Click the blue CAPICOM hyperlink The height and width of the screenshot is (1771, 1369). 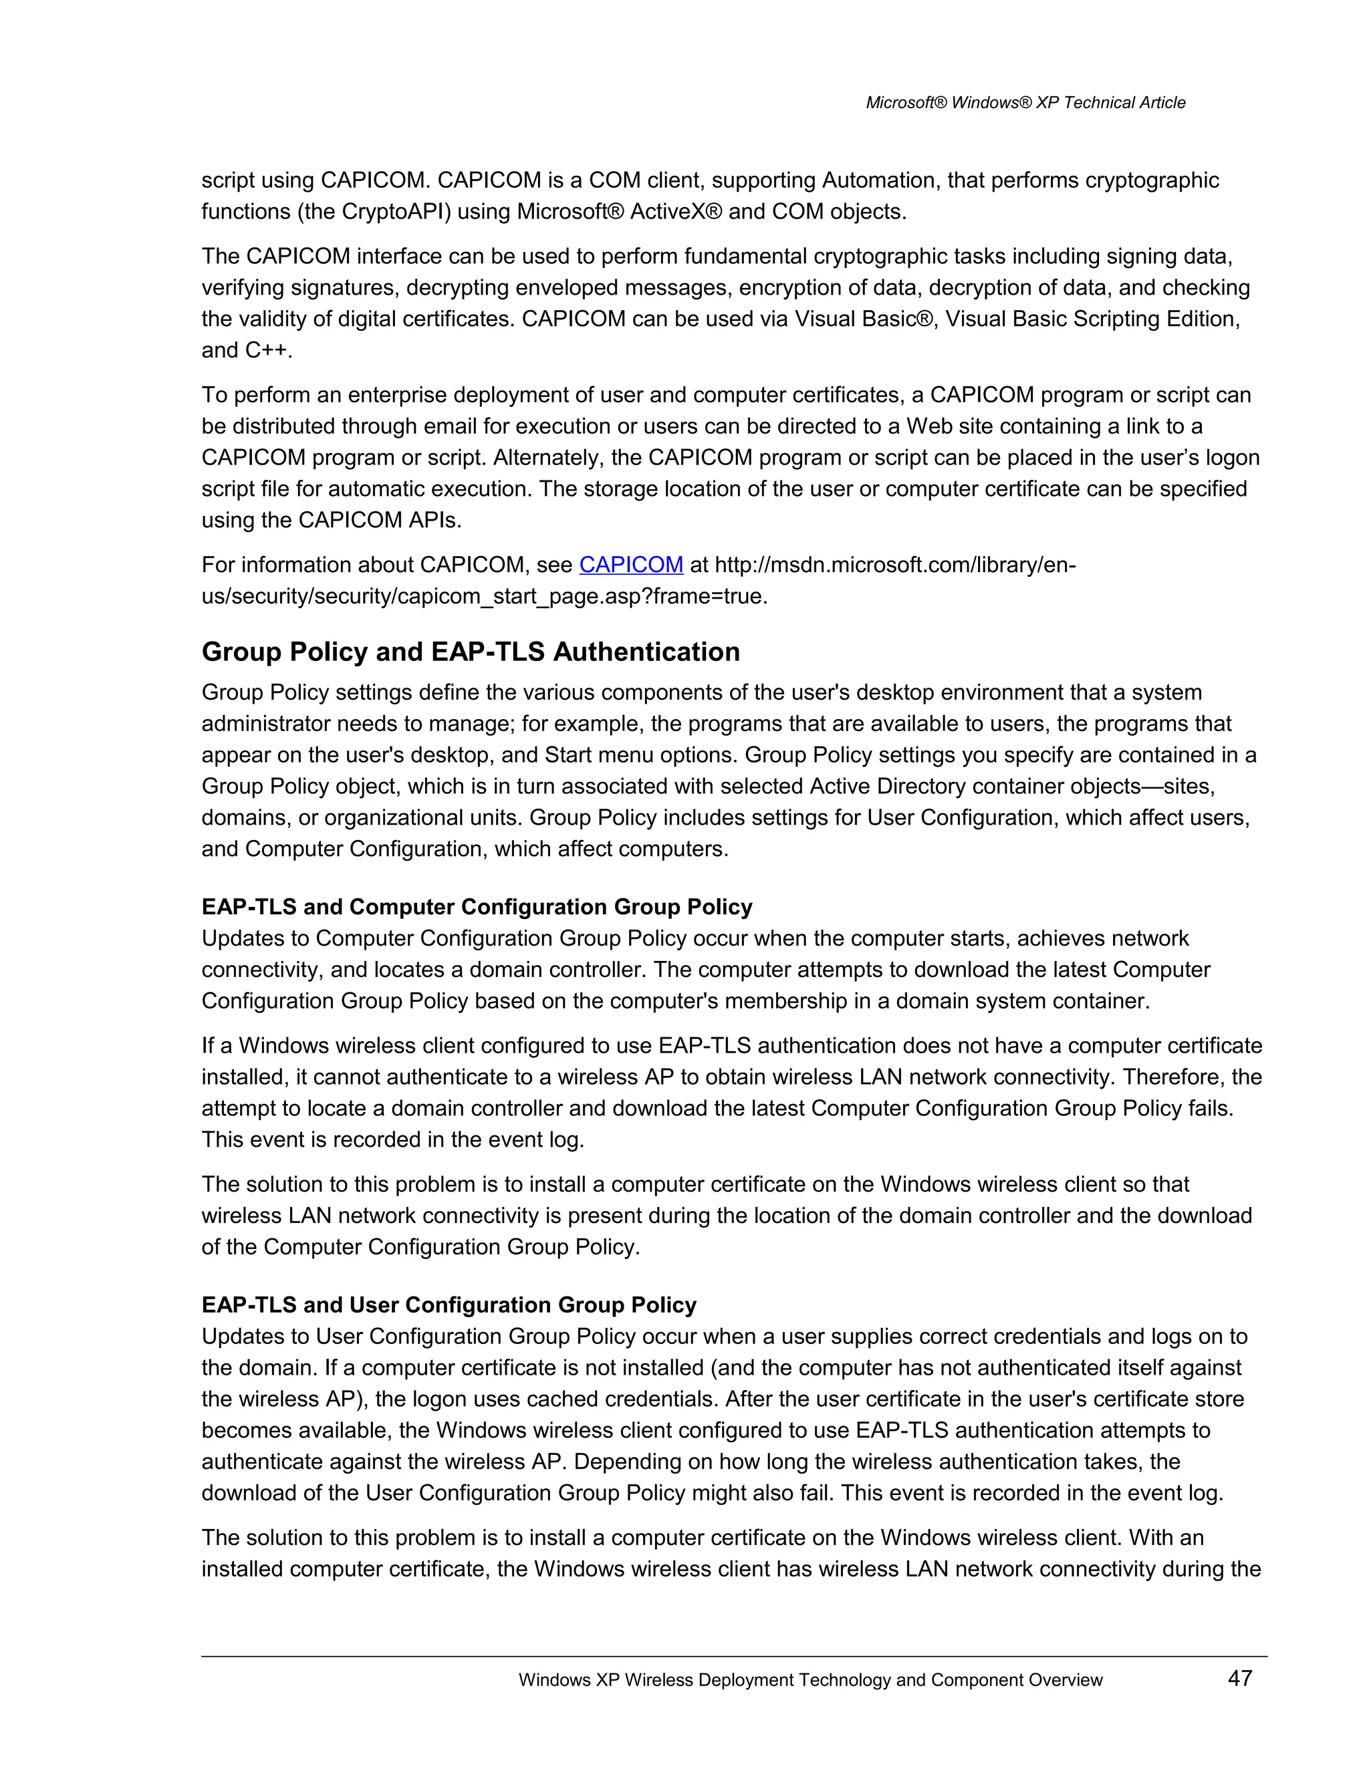pyautogui.click(x=631, y=565)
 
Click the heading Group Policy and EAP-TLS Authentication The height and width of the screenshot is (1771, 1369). pyautogui.click(x=471, y=652)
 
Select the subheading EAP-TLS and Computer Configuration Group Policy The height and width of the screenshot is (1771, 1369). pyautogui.click(x=477, y=907)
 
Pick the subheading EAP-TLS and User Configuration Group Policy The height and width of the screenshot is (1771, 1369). pyautogui.click(x=449, y=1305)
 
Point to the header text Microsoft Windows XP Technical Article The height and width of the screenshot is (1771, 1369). pyautogui.click(x=1025, y=103)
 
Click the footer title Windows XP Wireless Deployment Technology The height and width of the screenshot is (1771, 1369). pyautogui.click(x=810, y=1680)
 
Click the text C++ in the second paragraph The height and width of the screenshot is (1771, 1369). pyautogui.click(x=266, y=350)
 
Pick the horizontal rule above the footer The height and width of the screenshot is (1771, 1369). pyautogui.click(x=734, y=1656)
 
